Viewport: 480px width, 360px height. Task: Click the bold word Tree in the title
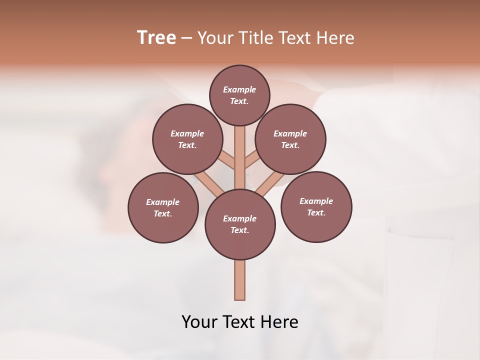[156, 37]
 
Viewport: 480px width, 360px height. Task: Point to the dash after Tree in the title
[187, 38]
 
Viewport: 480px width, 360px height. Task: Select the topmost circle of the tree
[239, 95]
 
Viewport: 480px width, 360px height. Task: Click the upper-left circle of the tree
[187, 139]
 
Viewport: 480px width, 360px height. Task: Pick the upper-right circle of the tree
[290, 139]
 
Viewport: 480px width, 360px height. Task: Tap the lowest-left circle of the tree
[163, 207]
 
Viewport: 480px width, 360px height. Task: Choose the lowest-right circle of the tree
[316, 206]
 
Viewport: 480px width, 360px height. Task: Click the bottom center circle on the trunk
[240, 224]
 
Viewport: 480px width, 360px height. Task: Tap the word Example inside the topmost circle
[239, 89]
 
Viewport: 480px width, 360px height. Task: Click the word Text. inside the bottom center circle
[240, 230]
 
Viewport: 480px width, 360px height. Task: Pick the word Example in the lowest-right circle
[316, 201]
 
